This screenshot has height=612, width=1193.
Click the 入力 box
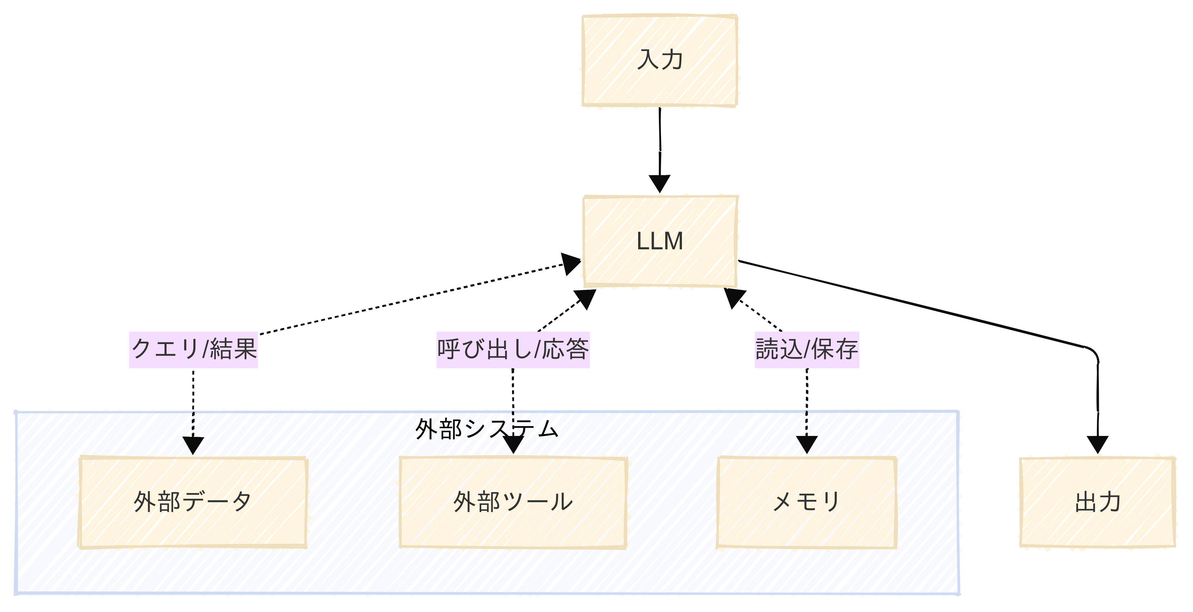660,61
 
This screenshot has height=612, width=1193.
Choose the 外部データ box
193,502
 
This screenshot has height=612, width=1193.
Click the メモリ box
806,502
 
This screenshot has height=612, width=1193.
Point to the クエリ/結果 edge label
193,350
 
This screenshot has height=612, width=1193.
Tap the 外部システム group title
486,429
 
